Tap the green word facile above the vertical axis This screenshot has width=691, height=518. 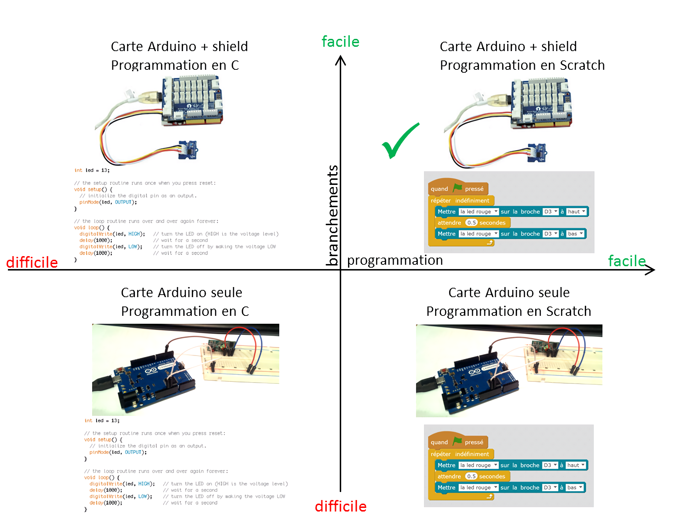point(340,42)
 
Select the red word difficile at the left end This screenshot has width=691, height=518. point(32,262)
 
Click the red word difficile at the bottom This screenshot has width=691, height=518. point(340,506)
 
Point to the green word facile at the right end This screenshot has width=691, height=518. point(627,261)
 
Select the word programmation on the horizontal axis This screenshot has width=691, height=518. point(395,260)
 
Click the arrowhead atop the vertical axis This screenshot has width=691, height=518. point(340,60)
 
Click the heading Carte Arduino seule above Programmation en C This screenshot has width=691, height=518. point(181,292)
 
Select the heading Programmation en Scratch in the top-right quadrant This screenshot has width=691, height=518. point(522,65)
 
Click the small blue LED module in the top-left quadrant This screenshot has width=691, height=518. point(188,149)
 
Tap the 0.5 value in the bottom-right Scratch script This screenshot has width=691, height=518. point(471,476)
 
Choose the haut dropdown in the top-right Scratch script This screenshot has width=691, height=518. point(576,212)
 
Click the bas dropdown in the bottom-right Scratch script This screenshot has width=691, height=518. point(574,487)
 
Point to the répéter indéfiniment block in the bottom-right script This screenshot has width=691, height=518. point(460,454)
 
